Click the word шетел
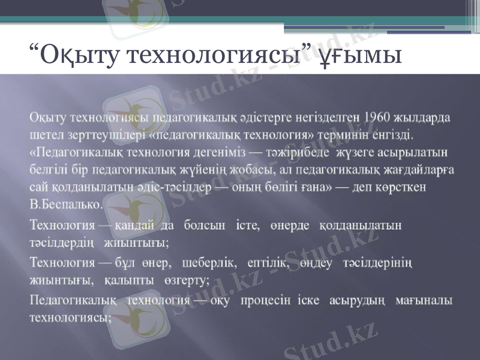click(43, 131)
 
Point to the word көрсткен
click(402, 187)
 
